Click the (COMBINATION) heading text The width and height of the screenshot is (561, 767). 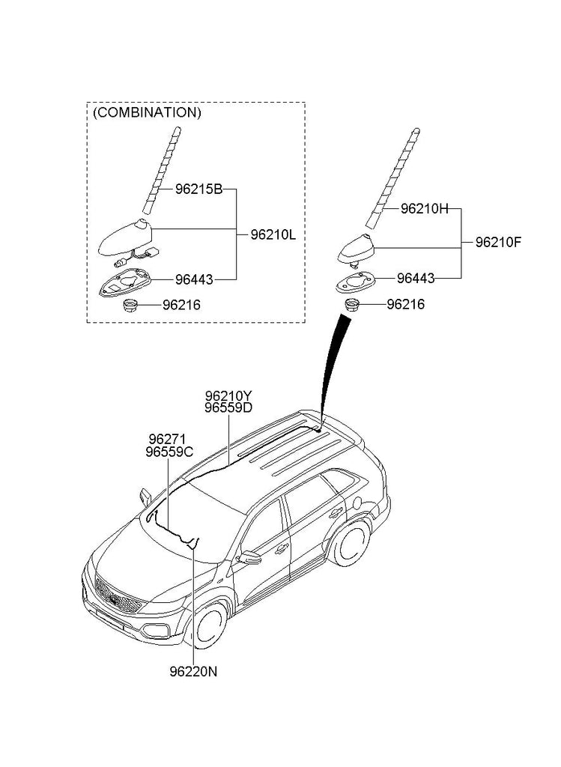[x=147, y=113]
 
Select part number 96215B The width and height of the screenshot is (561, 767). [x=198, y=190]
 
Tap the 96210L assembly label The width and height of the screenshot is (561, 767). [x=273, y=234]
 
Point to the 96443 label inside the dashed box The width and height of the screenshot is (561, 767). [x=194, y=279]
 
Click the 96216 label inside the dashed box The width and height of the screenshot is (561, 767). [x=183, y=305]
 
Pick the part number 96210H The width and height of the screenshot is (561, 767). [x=424, y=209]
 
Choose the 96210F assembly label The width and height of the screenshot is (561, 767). [x=498, y=242]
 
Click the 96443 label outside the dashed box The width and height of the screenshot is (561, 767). [x=416, y=278]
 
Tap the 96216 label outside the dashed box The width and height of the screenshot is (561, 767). [x=405, y=304]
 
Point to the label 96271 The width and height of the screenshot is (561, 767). [x=166, y=439]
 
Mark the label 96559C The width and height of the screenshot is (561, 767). [x=170, y=452]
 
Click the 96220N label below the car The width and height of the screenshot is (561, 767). [x=193, y=671]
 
